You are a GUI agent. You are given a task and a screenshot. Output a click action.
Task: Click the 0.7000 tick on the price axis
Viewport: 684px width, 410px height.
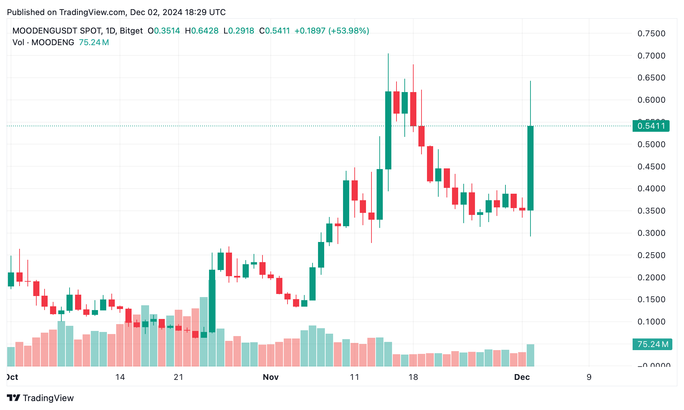point(651,56)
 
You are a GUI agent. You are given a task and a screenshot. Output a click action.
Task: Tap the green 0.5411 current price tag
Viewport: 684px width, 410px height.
point(651,126)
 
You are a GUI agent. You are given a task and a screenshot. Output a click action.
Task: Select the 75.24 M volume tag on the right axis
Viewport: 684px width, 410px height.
point(652,344)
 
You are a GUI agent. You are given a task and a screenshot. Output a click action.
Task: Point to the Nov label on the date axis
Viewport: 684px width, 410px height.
point(270,377)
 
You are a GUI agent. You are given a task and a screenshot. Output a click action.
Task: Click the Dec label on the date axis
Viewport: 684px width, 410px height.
point(522,377)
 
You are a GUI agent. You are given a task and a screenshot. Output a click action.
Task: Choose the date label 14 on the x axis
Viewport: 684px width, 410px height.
point(120,377)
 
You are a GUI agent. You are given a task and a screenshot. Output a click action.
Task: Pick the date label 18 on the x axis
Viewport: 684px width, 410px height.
point(413,377)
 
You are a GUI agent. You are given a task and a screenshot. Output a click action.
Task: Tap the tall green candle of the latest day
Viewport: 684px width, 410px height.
point(530,168)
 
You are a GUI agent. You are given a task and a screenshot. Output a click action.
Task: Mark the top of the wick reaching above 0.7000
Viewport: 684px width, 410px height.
point(388,54)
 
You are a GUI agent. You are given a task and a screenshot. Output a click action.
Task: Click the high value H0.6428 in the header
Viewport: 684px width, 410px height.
point(201,31)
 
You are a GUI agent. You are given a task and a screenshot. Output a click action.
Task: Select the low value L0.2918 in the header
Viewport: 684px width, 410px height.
point(239,31)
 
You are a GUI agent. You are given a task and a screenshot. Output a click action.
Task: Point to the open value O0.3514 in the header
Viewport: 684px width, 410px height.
point(164,31)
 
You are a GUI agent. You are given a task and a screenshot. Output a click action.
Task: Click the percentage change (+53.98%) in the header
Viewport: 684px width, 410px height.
point(349,31)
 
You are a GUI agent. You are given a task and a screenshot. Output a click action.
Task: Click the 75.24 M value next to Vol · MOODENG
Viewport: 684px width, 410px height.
point(94,42)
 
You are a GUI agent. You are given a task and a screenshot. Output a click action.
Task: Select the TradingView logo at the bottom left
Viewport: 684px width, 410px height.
point(40,398)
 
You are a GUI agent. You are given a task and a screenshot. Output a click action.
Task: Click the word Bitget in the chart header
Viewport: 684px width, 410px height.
point(131,31)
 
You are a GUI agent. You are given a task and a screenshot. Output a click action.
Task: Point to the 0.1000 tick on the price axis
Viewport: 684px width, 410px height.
point(651,322)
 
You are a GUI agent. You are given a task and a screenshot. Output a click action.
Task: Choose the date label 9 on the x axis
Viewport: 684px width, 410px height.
point(589,377)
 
